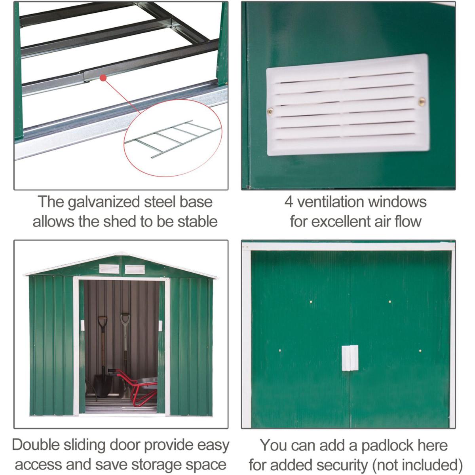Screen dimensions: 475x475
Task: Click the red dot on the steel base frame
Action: [103, 78]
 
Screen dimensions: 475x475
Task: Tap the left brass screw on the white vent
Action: [270, 111]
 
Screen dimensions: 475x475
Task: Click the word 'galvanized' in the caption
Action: [104, 202]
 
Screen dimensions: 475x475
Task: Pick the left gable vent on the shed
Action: [109, 269]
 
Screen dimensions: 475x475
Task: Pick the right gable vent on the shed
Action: [135, 270]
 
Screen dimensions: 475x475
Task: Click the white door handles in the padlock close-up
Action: [350, 358]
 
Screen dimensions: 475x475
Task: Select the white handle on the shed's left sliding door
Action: [82, 325]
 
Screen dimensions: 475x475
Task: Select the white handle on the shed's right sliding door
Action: [160, 326]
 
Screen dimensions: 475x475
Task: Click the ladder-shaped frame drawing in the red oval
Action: [173, 139]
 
